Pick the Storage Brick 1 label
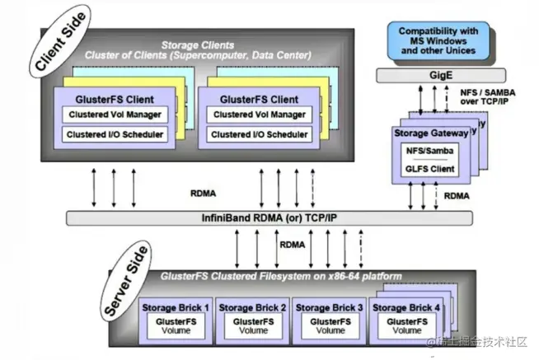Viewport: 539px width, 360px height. pyautogui.click(x=176, y=307)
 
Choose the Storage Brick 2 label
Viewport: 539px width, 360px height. pyautogui.click(x=253, y=307)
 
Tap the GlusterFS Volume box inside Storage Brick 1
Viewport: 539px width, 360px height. pyautogui.click(x=176, y=326)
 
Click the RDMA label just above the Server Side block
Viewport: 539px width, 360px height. pyautogui.click(x=292, y=244)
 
